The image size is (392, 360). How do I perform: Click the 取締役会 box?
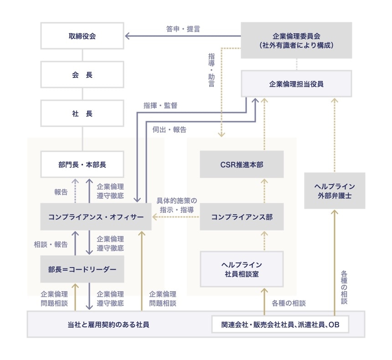click(x=82, y=36)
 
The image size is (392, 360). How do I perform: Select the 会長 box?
click(x=82, y=75)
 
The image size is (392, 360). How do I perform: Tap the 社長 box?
click(x=82, y=113)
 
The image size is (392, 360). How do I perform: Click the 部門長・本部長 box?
click(x=82, y=164)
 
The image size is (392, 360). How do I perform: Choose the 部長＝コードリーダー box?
click(x=82, y=269)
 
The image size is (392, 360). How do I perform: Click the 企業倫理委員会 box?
click(x=296, y=41)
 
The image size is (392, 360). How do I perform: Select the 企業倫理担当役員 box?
click(x=296, y=84)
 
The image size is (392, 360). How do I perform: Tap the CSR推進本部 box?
click(x=242, y=164)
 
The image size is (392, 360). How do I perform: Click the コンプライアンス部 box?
click(x=242, y=217)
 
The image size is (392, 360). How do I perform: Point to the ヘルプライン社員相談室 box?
click(x=242, y=269)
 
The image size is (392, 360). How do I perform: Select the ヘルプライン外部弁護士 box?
click(x=334, y=191)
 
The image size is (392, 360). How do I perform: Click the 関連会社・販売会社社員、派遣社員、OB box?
click(x=280, y=325)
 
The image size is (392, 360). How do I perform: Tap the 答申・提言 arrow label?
click(x=183, y=29)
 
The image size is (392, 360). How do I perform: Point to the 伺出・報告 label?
click(x=170, y=129)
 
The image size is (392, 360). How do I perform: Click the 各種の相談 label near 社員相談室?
click(x=289, y=303)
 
